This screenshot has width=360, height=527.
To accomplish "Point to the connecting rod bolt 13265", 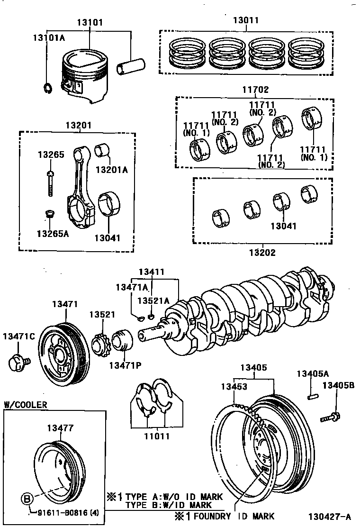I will tap(50, 181).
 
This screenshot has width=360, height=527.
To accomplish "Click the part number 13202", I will tap(262, 253).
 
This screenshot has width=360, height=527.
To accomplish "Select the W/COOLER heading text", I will tap(26, 404).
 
